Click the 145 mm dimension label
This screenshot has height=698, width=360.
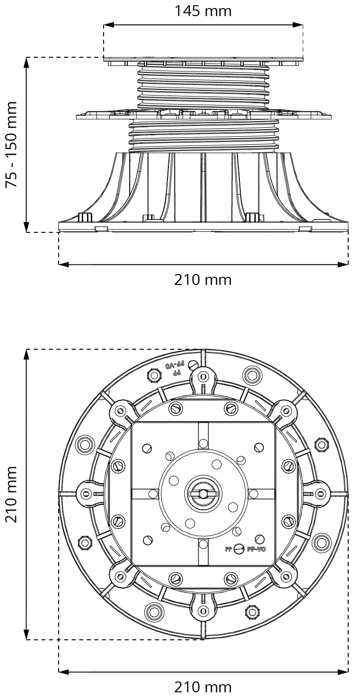pyautogui.click(x=203, y=10)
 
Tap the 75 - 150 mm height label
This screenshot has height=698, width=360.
pyautogui.click(x=11, y=144)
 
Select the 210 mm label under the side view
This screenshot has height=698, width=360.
pyautogui.click(x=203, y=280)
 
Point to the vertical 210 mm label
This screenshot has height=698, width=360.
pyautogui.click(x=11, y=494)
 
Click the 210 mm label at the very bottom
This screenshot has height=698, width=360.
pyautogui.click(x=203, y=687)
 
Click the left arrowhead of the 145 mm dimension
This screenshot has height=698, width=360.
pyautogui.click(x=107, y=24)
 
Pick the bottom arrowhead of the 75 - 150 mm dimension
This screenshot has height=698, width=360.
pyautogui.click(x=27, y=229)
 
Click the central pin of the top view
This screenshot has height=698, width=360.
pyautogui.click(x=203, y=494)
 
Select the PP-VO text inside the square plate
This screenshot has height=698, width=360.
pyautogui.click(x=257, y=549)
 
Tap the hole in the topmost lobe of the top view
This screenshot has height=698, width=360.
pyautogui.click(x=203, y=377)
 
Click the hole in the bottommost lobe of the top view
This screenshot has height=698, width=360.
pyautogui.click(x=203, y=610)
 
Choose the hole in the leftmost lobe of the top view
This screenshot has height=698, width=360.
pyautogui.click(x=86, y=494)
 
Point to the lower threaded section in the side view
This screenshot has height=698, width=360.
pyautogui.click(x=203, y=135)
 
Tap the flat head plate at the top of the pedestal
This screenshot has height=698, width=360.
pyautogui.click(x=203, y=61)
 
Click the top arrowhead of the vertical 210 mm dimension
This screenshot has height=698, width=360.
pyautogui.click(x=27, y=353)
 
